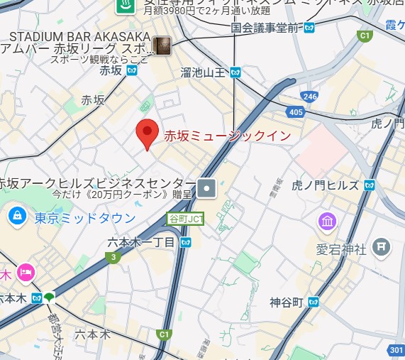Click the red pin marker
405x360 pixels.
point(146,133)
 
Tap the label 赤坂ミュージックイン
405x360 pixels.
point(227,136)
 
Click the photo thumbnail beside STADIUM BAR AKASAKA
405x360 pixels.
point(162,45)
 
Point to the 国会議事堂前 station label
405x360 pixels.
point(267,28)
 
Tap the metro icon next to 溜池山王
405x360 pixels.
point(235,72)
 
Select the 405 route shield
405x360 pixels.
point(296,111)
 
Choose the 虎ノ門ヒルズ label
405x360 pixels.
point(325,185)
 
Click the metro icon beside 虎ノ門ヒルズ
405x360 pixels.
point(368,185)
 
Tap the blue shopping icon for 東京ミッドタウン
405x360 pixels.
point(16,214)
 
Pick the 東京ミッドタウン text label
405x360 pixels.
point(85,217)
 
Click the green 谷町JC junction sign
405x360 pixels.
point(185,219)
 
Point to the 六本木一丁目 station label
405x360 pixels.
point(140,242)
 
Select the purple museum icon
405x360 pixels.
point(327,222)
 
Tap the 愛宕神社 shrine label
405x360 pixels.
point(341,249)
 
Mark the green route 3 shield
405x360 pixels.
point(112,258)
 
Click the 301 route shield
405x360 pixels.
point(396,351)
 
